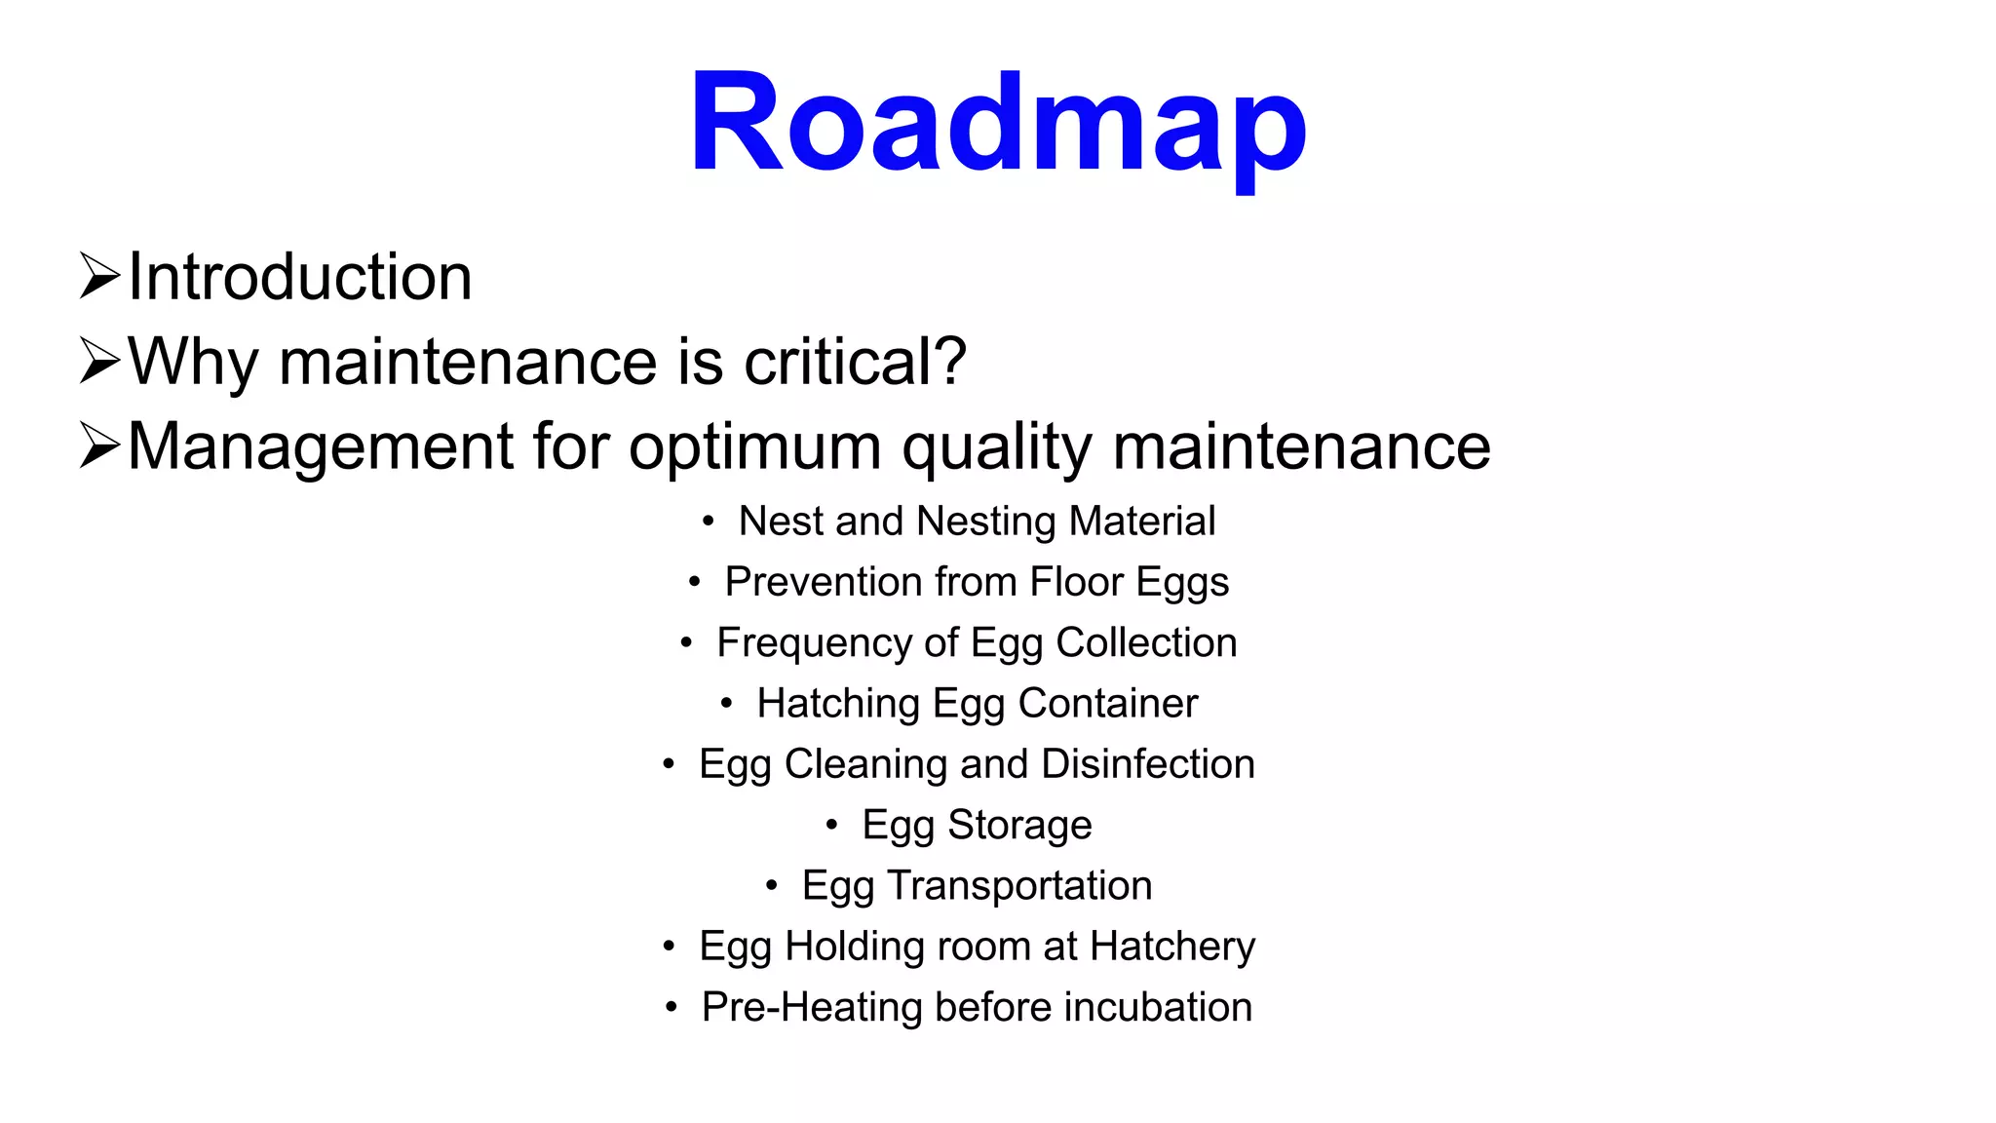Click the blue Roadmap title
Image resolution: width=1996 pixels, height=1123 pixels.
pyautogui.click(x=997, y=124)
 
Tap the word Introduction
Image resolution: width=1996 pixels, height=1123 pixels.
pyautogui.click(x=300, y=277)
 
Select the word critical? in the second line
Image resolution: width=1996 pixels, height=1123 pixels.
pyautogui.click(x=855, y=362)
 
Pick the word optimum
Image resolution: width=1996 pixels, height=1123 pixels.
pyautogui.click(x=755, y=448)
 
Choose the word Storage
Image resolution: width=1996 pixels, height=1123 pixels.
pyautogui.click(x=1019, y=826)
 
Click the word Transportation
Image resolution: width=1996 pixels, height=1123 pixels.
pyautogui.click(x=1019, y=886)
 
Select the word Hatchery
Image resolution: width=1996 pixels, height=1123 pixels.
pyautogui.click(x=1172, y=947)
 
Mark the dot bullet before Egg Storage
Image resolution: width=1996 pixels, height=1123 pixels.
pyautogui.click(x=831, y=826)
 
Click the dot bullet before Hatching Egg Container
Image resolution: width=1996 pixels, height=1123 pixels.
pyautogui.click(x=726, y=704)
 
